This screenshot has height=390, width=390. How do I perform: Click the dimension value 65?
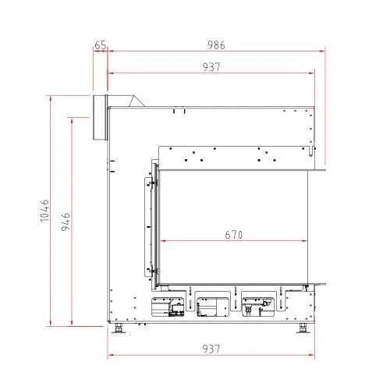101,45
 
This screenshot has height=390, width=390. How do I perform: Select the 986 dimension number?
216,45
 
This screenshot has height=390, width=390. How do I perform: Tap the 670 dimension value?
234,235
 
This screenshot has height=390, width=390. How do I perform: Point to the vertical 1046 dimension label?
44,211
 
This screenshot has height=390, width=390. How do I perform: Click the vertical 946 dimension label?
66,222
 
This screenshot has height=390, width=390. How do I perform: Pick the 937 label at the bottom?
211,349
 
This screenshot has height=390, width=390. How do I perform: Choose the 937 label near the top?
211,67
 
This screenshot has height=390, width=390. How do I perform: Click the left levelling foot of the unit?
119,328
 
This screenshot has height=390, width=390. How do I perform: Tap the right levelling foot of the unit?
303,328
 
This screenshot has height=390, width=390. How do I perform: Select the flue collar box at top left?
100,118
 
